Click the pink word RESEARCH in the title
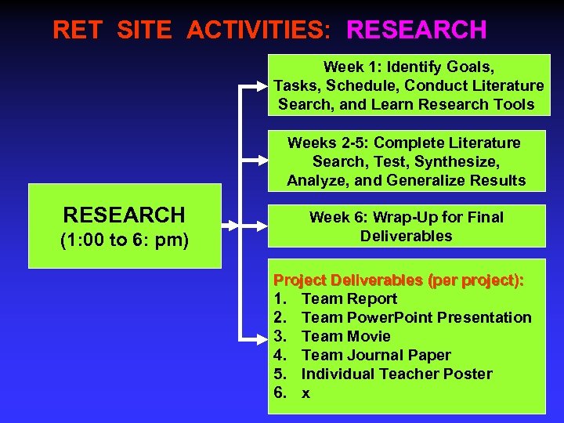coord(416,30)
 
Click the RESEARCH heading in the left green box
coord(124,215)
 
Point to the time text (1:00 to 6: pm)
coord(125,240)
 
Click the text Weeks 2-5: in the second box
coord(327,143)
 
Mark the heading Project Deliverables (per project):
coord(399,280)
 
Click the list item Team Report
coord(349,298)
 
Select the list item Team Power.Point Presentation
coord(416,317)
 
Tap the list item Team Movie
coord(345,336)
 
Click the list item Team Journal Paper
coord(376,355)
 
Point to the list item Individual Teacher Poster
coord(396,374)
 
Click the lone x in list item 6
coord(305,393)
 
